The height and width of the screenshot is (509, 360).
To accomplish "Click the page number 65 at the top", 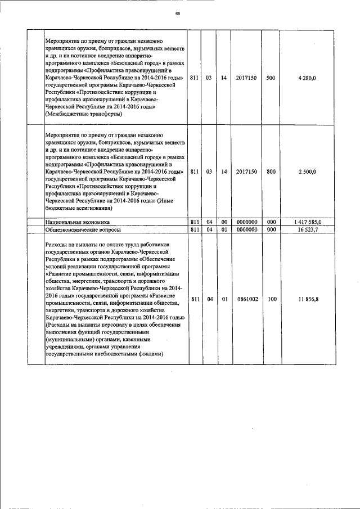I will pyautogui.click(x=177, y=13).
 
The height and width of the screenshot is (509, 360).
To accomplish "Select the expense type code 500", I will pyautogui.click(x=271, y=78).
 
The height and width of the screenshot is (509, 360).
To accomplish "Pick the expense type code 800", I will pyautogui.click(x=271, y=172).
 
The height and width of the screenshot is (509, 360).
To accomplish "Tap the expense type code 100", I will pyautogui.click(x=272, y=299).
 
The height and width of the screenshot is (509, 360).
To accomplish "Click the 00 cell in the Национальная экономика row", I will pyautogui.click(x=224, y=223).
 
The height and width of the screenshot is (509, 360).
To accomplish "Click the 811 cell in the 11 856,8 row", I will pyautogui.click(x=194, y=299).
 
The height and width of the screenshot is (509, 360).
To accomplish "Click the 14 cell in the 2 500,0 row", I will pyautogui.click(x=224, y=172).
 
